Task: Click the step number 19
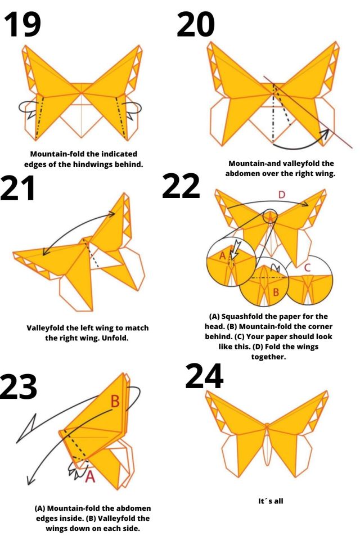click(22, 24)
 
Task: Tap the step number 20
click(196, 24)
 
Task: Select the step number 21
click(17, 188)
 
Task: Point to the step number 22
click(181, 186)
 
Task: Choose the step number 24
click(204, 376)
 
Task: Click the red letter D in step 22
click(282, 195)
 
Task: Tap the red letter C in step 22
click(308, 268)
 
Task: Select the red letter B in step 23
click(115, 401)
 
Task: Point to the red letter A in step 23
click(90, 476)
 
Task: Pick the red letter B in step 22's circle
click(276, 292)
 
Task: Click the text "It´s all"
click(271, 501)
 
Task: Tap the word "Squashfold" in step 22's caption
click(240, 316)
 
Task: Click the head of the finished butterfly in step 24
click(267, 425)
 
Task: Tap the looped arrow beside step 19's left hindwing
click(28, 108)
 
